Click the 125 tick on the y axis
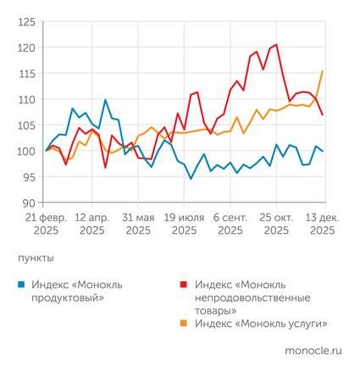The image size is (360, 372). pos(26,21)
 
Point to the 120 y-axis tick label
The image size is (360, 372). pos(26,47)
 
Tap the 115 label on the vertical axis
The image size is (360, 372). pos(26,74)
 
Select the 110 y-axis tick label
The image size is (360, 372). pos(26,99)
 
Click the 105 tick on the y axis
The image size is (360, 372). pos(26,125)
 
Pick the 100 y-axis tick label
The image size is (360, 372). pos(26,151)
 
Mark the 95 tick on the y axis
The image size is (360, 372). pos(29,177)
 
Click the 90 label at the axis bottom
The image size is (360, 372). pos(29,203)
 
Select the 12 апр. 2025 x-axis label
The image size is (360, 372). pos(92,223)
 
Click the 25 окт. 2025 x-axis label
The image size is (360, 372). pos(275,223)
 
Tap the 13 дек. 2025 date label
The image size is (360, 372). pos(321,223)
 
